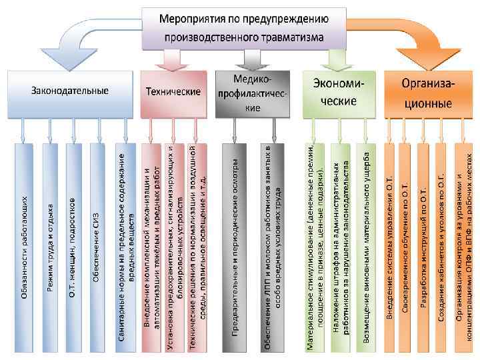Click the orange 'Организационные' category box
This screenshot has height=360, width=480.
click(x=427, y=93)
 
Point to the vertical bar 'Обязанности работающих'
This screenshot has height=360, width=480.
click(x=25, y=247)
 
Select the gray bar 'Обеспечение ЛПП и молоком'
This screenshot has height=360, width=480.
click(x=273, y=247)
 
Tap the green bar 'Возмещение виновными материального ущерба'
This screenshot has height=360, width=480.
click(x=366, y=247)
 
